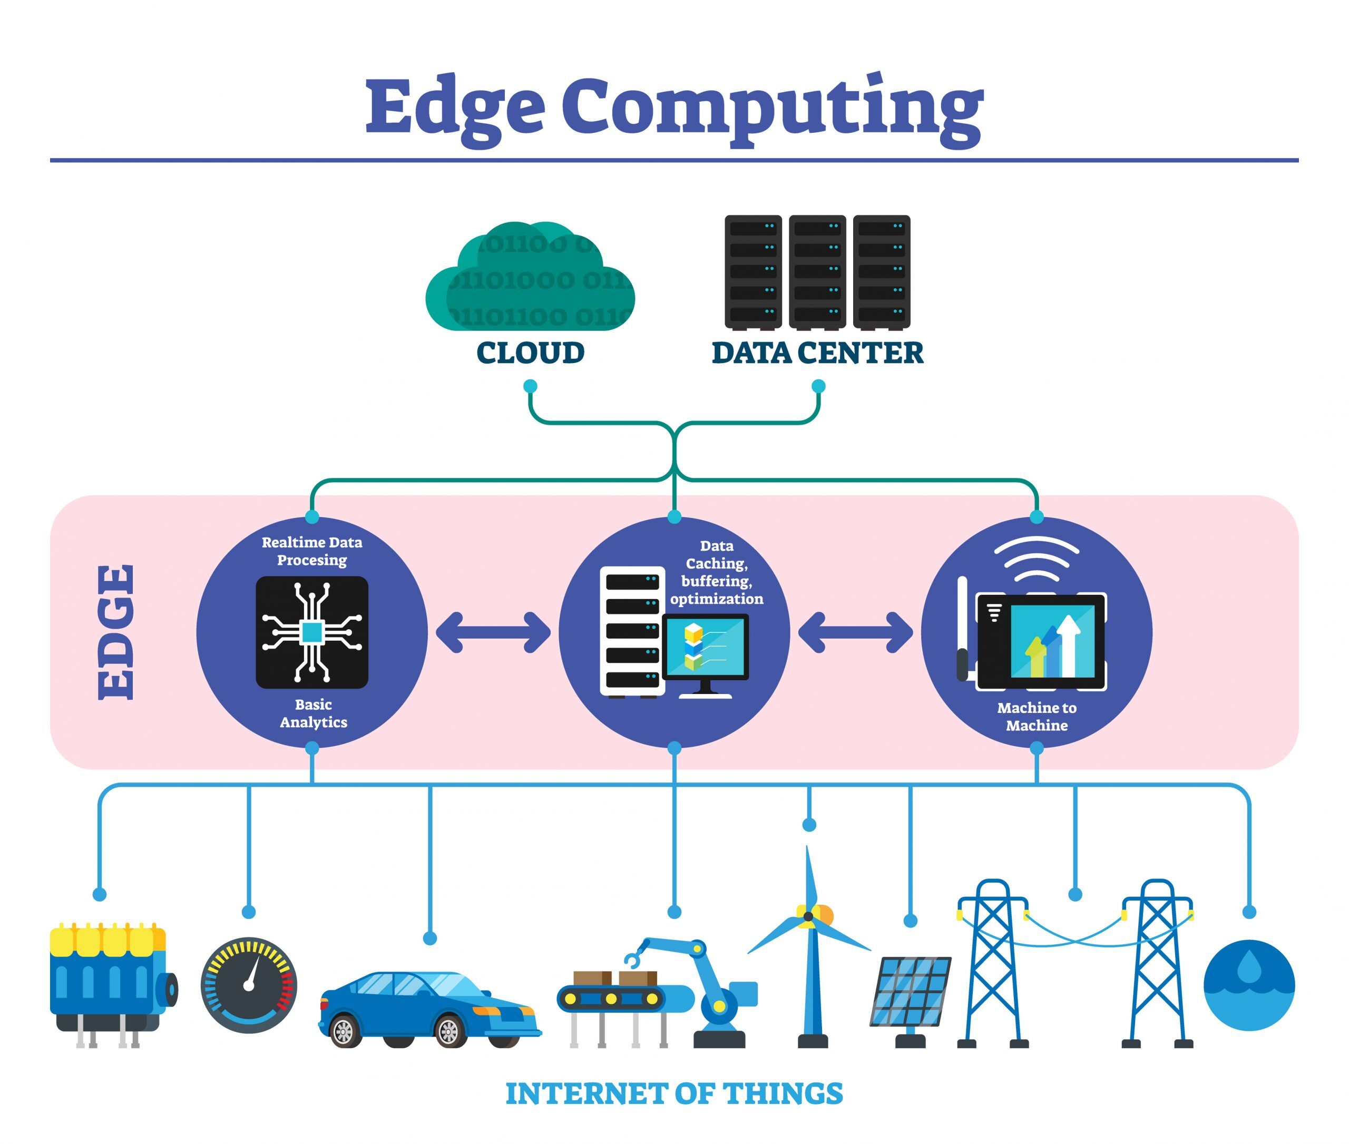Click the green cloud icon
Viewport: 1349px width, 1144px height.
[x=530, y=279]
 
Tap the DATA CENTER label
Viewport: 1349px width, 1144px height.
[x=817, y=353]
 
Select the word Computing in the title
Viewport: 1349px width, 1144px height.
[x=772, y=107]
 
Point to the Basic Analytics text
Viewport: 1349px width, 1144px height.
[x=313, y=713]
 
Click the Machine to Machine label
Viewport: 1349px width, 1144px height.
[x=1036, y=716]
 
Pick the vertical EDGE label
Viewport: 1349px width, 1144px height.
[x=117, y=632]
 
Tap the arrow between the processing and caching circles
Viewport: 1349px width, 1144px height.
[x=493, y=632]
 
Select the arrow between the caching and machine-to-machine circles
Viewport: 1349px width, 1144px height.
[x=855, y=632]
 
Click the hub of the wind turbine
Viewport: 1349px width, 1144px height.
[x=808, y=916]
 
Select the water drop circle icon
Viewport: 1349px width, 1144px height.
[x=1248, y=984]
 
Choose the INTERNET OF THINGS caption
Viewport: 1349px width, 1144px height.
[x=674, y=1093]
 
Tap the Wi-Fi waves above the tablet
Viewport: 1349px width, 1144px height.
[x=1036, y=558]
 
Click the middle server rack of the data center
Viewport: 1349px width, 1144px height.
[x=817, y=272]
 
